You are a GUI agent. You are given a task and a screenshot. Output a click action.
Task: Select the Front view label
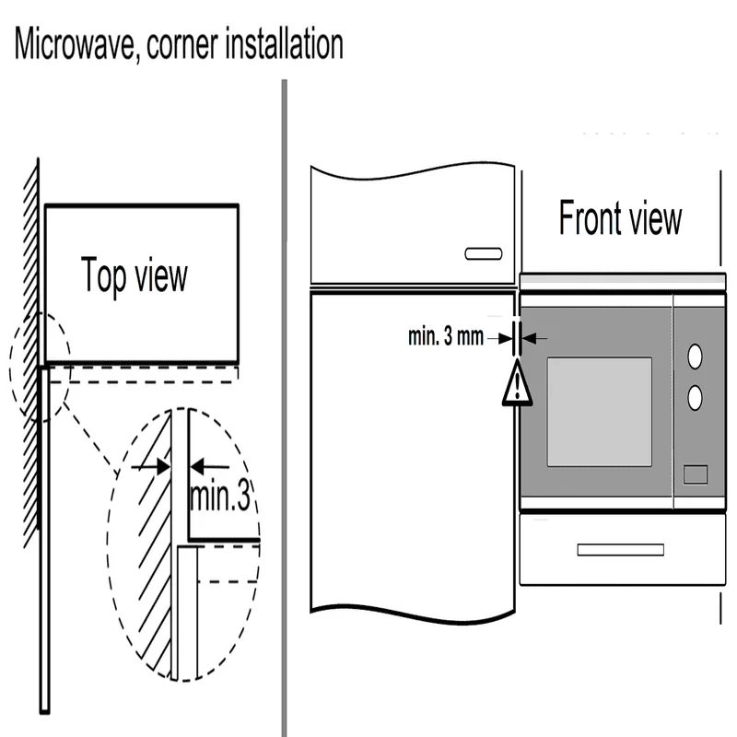(x=620, y=219)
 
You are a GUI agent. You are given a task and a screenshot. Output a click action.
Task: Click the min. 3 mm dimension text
(x=446, y=337)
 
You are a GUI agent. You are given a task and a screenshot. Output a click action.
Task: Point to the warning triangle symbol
(x=518, y=385)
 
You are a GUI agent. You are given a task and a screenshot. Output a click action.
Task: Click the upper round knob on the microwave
(x=696, y=355)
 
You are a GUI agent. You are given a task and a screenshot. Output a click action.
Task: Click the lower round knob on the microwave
(x=696, y=397)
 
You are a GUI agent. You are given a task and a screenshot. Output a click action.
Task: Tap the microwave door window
(x=599, y=411)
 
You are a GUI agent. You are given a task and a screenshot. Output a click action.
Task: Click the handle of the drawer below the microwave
(x=620, y=550)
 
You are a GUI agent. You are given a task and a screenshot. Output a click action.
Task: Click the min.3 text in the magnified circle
(x=219, y=497)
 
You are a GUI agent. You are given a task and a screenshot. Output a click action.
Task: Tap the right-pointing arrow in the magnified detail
(x=152, y=467)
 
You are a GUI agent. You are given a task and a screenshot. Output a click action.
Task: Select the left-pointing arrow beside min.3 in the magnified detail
(x=207, y=467)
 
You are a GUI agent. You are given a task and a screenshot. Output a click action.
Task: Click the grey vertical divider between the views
(x=284, y=405)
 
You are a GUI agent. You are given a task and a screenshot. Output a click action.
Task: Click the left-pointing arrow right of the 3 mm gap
(x=536, y=338)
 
